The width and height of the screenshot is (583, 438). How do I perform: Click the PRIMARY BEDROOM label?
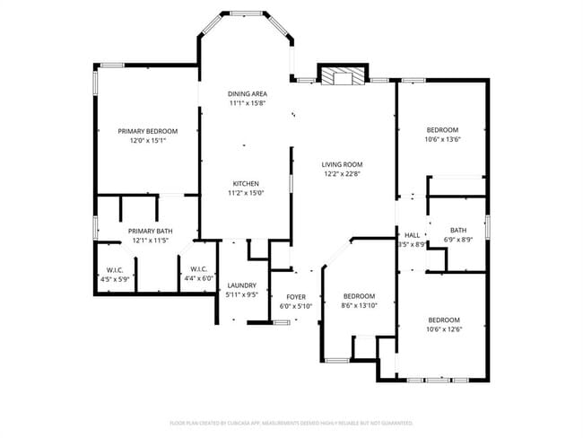(148, 131)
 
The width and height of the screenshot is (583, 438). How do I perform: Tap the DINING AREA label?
(247, 93)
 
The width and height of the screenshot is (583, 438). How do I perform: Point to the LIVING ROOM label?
(343, 164)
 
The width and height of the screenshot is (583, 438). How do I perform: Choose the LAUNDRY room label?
(242, 285)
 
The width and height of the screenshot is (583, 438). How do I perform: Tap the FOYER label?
(296, 297)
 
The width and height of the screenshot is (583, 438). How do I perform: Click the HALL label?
(413, 234)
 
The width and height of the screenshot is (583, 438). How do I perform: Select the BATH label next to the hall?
(458, 230)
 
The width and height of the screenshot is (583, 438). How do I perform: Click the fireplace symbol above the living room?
(342, 76)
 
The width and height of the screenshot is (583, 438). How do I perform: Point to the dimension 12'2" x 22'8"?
(343, 174)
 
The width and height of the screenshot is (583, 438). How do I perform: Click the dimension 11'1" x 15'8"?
(247, 103)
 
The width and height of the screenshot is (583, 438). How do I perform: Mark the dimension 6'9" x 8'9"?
(458, 240)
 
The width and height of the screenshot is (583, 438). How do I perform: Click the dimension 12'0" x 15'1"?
(148, 141)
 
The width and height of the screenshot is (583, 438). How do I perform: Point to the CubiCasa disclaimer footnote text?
(291, 422)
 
